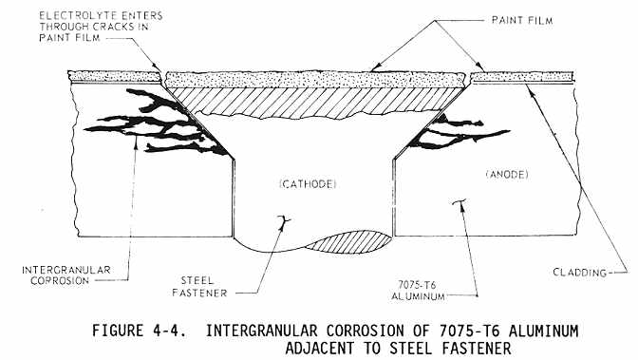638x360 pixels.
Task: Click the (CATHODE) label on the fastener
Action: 308,184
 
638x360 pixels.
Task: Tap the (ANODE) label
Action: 507,175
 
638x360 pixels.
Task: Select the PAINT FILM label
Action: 522,20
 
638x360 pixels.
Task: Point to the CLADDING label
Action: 579,273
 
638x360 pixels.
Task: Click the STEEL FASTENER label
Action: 199,287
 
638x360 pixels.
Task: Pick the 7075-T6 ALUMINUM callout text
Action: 418,291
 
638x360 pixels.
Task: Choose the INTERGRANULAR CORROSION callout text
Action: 66,275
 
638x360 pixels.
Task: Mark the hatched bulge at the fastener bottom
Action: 350,242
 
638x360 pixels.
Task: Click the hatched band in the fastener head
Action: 315,101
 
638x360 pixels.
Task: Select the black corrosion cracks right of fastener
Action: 456,132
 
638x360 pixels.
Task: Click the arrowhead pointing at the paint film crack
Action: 157,67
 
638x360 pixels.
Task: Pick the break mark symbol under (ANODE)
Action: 460,201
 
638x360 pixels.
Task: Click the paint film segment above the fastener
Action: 315,80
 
